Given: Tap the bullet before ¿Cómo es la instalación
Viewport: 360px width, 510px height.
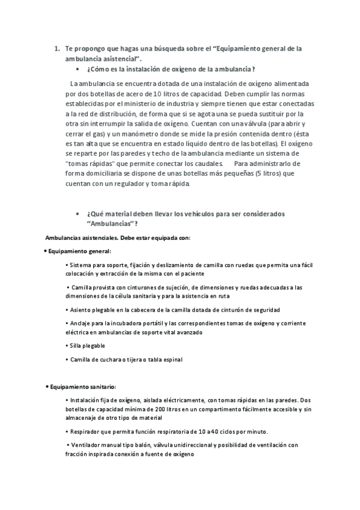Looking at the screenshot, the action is (78, 69).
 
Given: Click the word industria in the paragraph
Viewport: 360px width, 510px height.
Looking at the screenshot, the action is (182, 103).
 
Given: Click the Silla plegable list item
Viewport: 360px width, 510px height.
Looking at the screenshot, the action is (87, 346).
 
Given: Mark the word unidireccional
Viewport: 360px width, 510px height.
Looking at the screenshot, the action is (198, 445).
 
